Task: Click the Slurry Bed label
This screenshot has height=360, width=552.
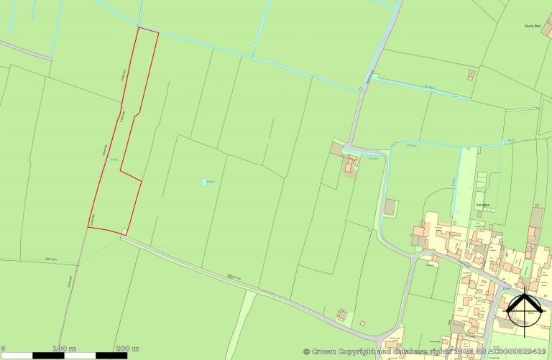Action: pos(533,26)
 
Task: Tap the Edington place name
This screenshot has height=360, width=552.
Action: pos(482,205)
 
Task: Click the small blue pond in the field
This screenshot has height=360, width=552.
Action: pos(203,182)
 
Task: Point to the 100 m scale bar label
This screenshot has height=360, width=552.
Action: pos(64,349)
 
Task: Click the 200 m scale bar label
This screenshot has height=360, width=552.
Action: pos(127,349)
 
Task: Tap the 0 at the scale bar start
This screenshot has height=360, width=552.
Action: pos(3,349)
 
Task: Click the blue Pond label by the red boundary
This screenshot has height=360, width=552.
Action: pos(112,160)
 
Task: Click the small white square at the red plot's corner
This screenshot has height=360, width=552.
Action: pos(125,231)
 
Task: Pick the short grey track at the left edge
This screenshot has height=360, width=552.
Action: pos(26,50)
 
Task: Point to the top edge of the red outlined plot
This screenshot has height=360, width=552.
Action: pos(147,30)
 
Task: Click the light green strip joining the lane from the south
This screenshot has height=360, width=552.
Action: pos(244,316)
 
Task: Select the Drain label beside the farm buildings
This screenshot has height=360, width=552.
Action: pos(373,158)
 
